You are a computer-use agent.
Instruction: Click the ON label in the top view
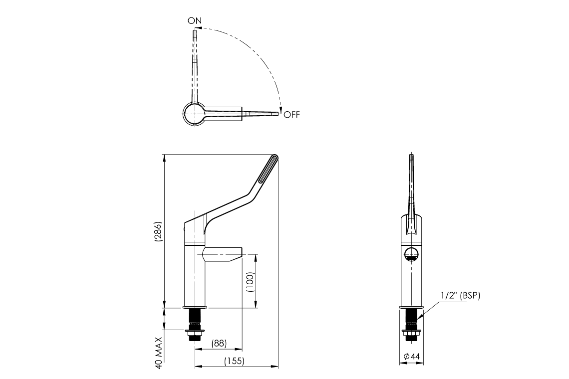195,20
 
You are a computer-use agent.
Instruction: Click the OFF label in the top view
291,115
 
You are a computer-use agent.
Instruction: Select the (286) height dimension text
158,231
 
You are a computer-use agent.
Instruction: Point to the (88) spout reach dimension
219,343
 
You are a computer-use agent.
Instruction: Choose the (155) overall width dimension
234,361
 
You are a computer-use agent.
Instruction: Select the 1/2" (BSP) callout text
460,296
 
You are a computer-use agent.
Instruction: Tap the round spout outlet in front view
411,254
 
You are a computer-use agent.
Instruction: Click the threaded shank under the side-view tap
195,317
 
